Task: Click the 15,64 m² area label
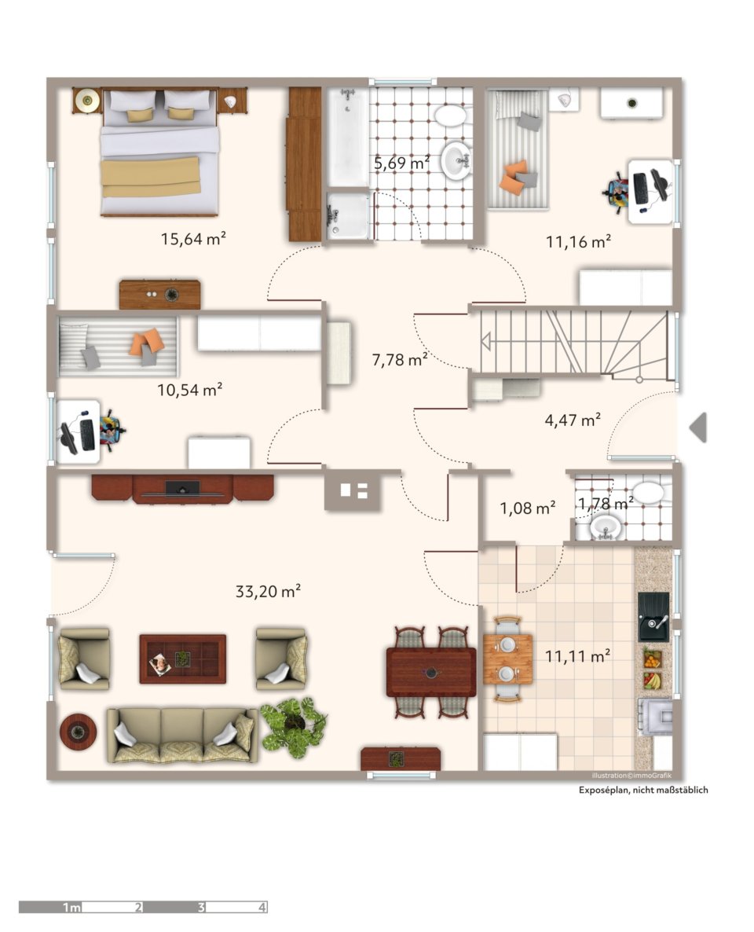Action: (x=193, y=239)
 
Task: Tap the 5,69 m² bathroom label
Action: (x=401, y=162)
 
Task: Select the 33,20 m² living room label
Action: (x=268, y=592)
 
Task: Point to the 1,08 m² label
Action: (x=528, y=508)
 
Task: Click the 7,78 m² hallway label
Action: (x=400, y=360)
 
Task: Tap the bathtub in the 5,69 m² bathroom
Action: (x=348, y=138)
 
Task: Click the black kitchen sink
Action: (x=653, y=616)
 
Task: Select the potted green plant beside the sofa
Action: (x=294, y=727)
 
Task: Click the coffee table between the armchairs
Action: (x=182, y=659)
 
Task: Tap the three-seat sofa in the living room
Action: (x=182, y=736)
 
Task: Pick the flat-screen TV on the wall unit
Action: (x=182, y=488)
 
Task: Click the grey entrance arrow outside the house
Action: (x=698, y=427)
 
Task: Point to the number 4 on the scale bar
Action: (x=262, y=907)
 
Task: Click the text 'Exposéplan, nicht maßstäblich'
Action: (x=643, y=790)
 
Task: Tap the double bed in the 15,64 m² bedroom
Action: (x=159, y=152)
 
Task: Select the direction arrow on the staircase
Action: (x=485, y=343)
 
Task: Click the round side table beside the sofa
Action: (x=78, y=732)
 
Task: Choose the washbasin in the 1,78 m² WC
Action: (x=606, y=527)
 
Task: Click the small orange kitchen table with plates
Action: (x=507, y=659)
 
